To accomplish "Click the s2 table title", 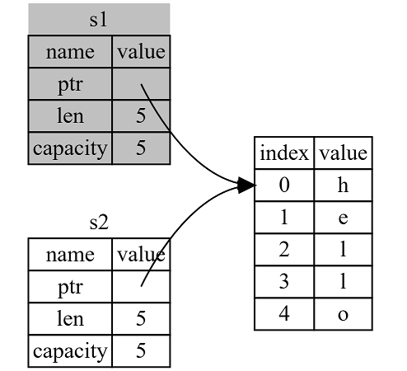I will click(x=99, y=223).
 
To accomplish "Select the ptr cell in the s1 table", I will click(x=70, y=84).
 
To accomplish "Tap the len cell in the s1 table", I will click(x=70, y=116).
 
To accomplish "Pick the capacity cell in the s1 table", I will click(x=70, y=148).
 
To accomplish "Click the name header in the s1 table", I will click(x=70, y=52).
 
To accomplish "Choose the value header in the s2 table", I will click(x=141, y=255).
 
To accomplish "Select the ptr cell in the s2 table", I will click(x=70, y=287).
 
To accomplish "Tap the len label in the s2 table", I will click(x=70, y=319).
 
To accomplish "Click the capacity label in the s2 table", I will click(x=70, y=351).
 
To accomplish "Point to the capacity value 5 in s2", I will click(x=141, y=351).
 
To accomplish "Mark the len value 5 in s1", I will click(x=141, y=116).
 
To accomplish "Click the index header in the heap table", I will click(x=284, y=153).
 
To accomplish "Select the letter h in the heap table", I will click(x=343, y=185).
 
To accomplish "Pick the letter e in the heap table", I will click(x=343, y=218).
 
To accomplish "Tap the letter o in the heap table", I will click(x=343, y=314).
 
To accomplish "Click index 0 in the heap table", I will click(x=284, y=185).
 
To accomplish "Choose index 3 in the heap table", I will click(x=284, y=282).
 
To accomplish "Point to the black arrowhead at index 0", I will click(x=246, y=185).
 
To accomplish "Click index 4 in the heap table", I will click(x=284, y=314).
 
